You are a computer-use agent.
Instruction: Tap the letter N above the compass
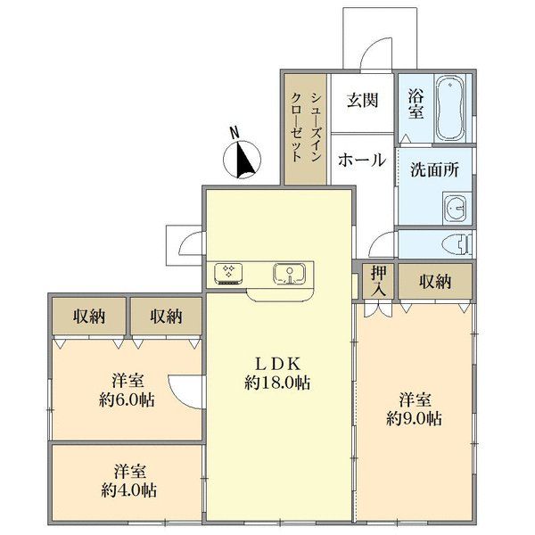point(235,132)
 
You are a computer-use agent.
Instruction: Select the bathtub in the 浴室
point(450,110)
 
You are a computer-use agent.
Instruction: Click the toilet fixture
point(456,243)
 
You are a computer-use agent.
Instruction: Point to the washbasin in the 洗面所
point(455,208)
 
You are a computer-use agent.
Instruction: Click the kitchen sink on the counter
point(289,274)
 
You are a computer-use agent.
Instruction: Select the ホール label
point(361,160)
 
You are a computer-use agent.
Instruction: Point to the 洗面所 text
point(434,168)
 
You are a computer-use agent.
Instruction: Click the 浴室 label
point(415,104)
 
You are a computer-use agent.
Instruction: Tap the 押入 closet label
point(377,282)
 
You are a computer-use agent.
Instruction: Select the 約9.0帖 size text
point(415,417)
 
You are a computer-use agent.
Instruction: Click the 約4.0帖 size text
point(129,490)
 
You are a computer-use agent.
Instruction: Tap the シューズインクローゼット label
point(306,129)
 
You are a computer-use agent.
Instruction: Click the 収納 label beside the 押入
point(433,282)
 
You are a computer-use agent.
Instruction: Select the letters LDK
point(281,363)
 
